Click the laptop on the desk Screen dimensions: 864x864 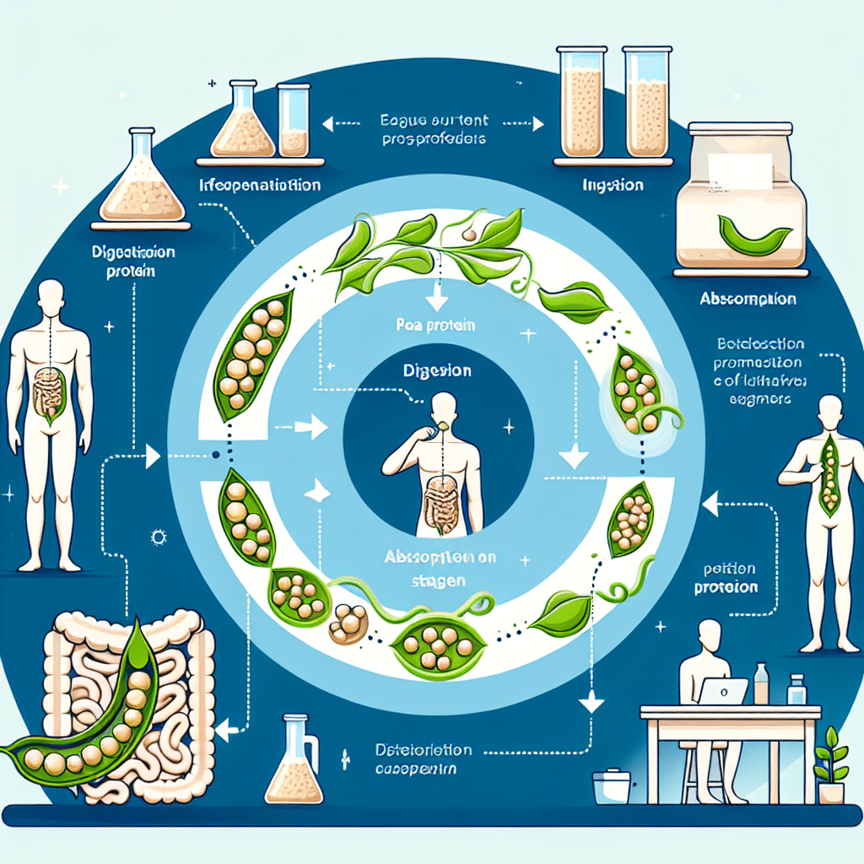723,691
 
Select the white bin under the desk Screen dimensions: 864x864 614,787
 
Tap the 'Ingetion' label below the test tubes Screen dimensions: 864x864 602,185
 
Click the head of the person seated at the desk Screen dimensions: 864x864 712,635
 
